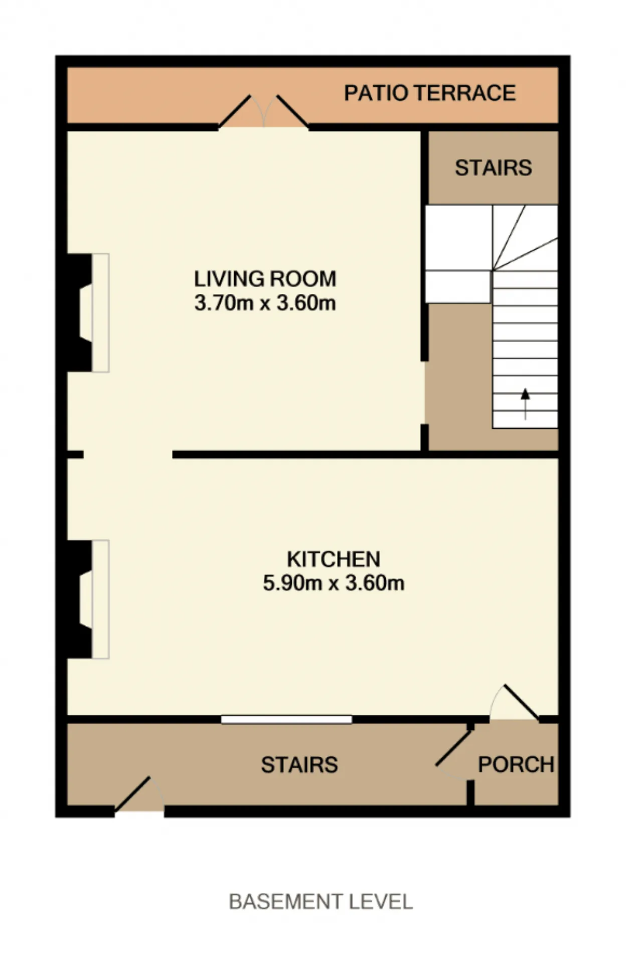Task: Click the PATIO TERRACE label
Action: point(430,93)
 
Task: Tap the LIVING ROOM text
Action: point(265,279)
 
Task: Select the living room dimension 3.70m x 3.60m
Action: point(265,303)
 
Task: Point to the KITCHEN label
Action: point(334,559)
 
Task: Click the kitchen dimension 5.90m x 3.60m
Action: point(334,583)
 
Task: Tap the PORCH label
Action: point(516,765)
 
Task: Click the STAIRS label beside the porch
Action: point(299,765)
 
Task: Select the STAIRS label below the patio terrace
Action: point(494,168)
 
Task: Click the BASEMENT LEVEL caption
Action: point(321,902)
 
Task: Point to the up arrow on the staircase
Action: point(525,404)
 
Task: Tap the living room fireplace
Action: point(88,313)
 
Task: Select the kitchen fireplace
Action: point(88,599)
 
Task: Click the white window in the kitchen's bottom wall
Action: point(286,720)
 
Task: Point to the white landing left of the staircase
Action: point(458,254)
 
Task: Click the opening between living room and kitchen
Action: point(128,454)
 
